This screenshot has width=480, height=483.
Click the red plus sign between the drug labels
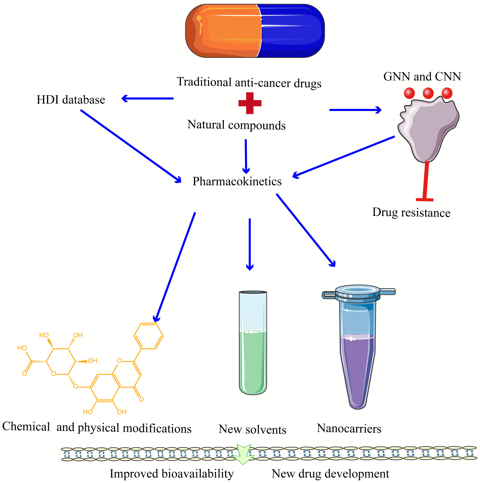[250, 103]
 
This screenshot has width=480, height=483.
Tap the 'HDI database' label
[71, 100]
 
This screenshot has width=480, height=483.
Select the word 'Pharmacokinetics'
[237, 181]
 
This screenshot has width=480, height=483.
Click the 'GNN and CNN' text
[422, 77]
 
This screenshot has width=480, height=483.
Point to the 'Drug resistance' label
[411, 212]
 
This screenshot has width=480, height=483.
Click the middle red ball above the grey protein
[428, 93]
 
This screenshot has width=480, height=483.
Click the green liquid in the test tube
[253, 361]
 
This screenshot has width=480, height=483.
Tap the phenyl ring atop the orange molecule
[149, 336]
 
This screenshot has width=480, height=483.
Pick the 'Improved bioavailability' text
[172, 474]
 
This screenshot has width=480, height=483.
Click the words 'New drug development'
[330, 474]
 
